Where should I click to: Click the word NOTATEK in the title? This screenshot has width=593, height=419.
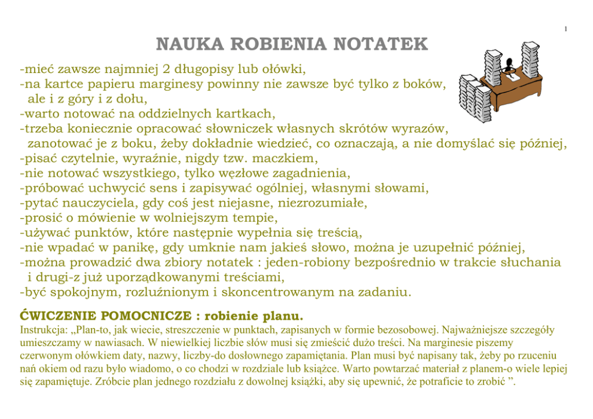(x=381, y=44)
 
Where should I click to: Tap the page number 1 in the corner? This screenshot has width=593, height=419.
(x=566, y=29)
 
